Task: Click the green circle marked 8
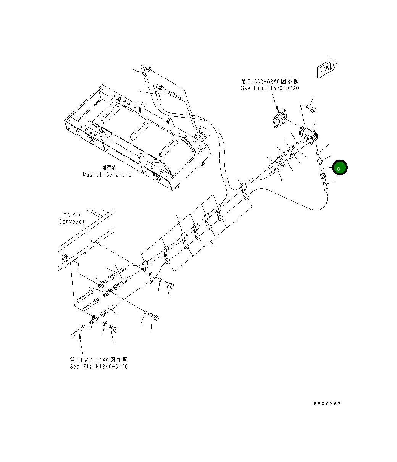(x=339, y=168)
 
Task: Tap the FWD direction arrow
(x=327, y=68)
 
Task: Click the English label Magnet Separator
(x=109, y=174)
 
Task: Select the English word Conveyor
(x=72, y=221)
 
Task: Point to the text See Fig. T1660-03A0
(x=270, y=88)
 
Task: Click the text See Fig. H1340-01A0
(x=99, y=367)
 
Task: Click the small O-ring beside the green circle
(x=322, y=168)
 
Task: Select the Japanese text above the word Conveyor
(x=72, y=215)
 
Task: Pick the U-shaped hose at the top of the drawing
(x=145, y=73)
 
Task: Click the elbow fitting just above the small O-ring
(x=319, y=159)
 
